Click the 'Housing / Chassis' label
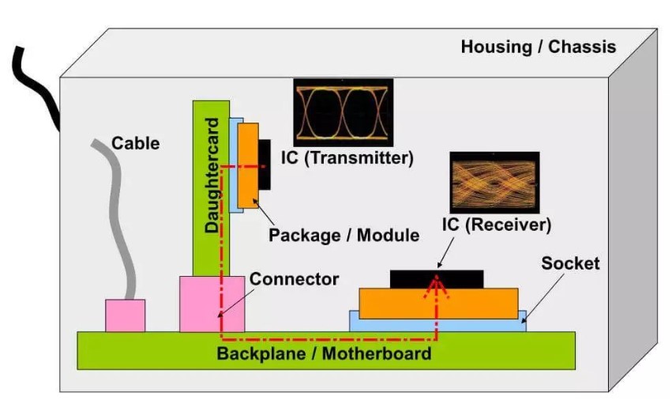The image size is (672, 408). pyautogui.click(x=539, y=47)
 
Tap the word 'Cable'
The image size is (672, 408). pyautogui.click(x=136, y=143)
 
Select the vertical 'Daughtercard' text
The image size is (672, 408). pyautogui.click(x=212, y=176)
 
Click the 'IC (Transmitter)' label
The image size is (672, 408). pyautogui.click(x=347, y=158)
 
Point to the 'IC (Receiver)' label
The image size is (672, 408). pyautogui.click(x=497, y=225)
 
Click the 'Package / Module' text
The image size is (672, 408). pyautogui.click(x=344, y=235)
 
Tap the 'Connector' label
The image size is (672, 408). pyautogui.click(x=294, y=279)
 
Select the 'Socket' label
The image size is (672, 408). pyautogui.click(x=570, y=263)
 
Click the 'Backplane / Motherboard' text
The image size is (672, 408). pyautogui.click(x=324, y=353)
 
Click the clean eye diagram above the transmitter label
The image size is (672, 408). pyautogui.click(x=344, y=112)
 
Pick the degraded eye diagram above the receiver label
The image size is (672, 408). pyautogui.click(x=494, y=183)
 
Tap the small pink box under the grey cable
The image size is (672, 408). pyautogui.click(x=125, y=315)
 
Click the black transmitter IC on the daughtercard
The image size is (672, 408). pyautogui.click(x=265, y=164)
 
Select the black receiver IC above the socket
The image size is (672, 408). pyautogui.click(x=437, y=279)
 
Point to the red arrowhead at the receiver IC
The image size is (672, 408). pyautogui.click(x=436, y=286)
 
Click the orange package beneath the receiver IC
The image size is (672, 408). pyautogui.click(x=438, y=304)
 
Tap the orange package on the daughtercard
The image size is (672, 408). pyautogui.click(x=248, y=165)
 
